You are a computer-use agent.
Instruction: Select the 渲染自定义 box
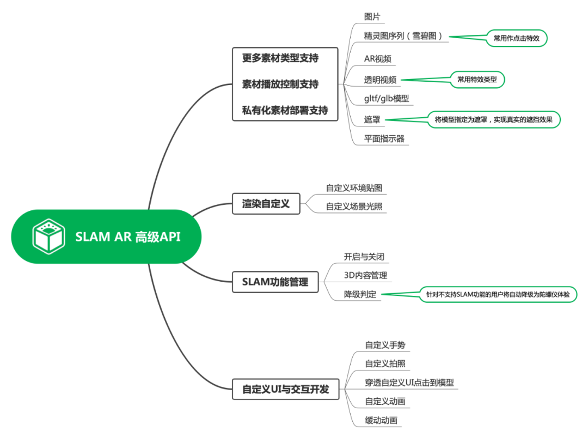click(x=266, y=204)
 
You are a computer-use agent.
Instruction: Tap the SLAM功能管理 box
click(x=275, y=282)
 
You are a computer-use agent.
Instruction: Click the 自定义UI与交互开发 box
click(x=285, y=390)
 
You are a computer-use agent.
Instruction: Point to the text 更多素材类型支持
click(x=280, y=58)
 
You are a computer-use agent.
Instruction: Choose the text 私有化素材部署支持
click(x=285, y=110)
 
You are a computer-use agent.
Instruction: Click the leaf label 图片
click(x=372, y=16)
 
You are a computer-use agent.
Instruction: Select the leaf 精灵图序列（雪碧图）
click(x=406, y=37)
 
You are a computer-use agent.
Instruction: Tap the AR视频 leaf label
click(x=377, y=59)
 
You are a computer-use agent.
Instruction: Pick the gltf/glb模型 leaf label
click(x=386, y=99)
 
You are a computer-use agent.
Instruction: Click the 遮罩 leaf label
click(x=372, y=119)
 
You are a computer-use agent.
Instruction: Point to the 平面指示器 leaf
click(x=384, y=138)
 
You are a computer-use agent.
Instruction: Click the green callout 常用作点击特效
click(x=516, y=38)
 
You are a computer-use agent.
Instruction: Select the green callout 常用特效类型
click(x=477, y=80)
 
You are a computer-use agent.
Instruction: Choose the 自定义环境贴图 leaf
click(x=354, y=188)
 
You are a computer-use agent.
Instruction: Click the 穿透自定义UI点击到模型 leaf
click(x=409, y=383)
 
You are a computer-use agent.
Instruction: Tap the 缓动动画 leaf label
click(x=381, y=420)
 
